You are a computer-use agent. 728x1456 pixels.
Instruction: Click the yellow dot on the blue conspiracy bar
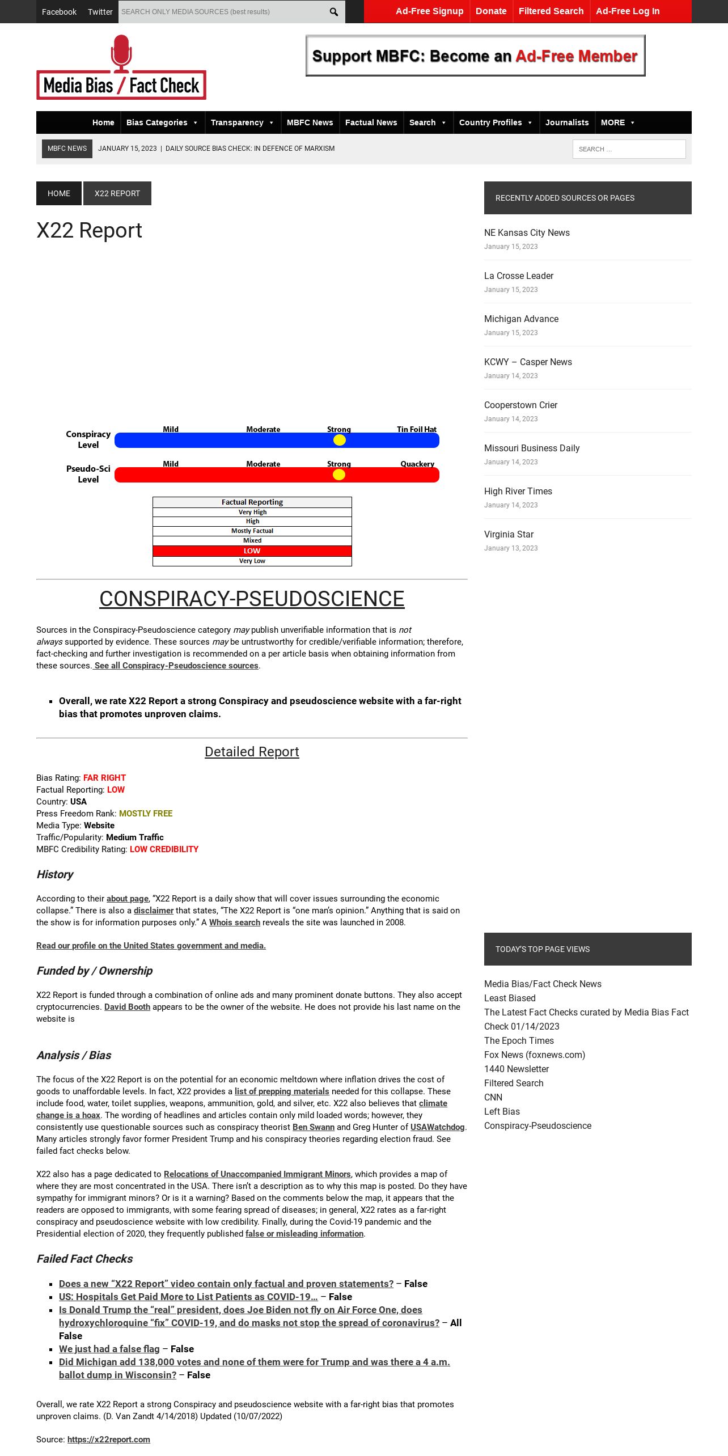[x=339, y=440]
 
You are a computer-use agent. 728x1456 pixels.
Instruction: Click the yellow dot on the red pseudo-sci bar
[x=339, y=475]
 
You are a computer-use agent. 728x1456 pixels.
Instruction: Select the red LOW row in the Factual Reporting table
[x=252, y=551]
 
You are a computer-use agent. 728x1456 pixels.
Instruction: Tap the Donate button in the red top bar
[x=491, y=11]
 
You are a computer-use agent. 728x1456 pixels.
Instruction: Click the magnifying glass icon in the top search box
[x=334, y=12]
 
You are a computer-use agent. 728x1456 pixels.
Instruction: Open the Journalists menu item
[x=567, y=122]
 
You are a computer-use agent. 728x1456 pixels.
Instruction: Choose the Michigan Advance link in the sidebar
[x=521, y=319]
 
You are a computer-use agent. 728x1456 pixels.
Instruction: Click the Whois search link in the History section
[x=235, y=922]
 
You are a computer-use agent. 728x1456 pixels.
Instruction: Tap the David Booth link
[x=127, y=1007]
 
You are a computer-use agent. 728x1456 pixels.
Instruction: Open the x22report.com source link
[x=109, y=1439]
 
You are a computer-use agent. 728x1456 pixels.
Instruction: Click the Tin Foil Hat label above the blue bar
[x=417, y=429]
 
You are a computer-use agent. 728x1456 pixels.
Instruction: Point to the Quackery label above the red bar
[x=417, y=464]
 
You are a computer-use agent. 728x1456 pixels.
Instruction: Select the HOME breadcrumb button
[x=59, y=193]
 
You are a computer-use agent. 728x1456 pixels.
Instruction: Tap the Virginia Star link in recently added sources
[x=509, y=534]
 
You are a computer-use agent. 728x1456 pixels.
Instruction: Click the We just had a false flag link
[x=109, y=1349]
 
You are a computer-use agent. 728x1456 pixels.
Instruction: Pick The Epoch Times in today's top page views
[x=519, y=1040]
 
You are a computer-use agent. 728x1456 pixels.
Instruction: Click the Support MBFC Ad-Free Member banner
[x=475, y=56]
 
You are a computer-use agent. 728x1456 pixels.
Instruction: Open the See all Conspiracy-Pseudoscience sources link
[x=176, y=666]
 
